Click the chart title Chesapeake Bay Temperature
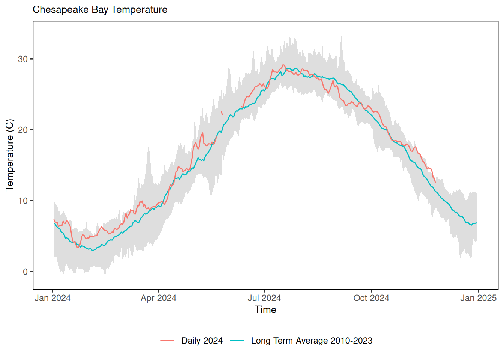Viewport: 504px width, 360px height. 100,10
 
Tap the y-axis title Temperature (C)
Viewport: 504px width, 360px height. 10,155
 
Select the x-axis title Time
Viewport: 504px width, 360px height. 265,310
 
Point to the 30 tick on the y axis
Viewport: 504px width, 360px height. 23,59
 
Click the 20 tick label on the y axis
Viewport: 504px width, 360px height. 23,130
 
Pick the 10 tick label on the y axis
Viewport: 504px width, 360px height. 23,201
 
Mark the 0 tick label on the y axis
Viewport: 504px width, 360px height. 25,272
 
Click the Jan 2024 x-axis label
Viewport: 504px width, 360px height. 52,298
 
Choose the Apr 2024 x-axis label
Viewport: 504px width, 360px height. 158,298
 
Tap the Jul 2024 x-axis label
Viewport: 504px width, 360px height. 264,298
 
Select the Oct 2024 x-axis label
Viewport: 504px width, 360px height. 371,298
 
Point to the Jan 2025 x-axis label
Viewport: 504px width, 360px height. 478,298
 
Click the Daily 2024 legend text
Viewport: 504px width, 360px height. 202,340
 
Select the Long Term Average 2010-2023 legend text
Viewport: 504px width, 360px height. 312,340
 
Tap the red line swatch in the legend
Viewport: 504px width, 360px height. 167,340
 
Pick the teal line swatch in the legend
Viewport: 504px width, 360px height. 237,340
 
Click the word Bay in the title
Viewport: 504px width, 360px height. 100,10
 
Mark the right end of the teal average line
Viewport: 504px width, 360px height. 477,223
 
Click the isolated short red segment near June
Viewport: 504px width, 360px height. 222,113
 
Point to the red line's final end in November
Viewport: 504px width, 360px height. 435,183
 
